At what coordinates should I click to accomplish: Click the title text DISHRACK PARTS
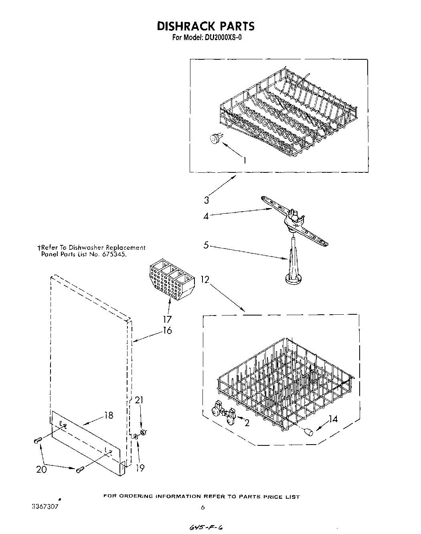(205, 26)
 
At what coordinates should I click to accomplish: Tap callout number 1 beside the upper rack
(244, 160)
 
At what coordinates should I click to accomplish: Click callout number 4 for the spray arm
(206, 216)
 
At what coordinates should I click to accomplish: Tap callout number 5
(206, 245)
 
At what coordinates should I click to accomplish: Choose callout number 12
(205, 279)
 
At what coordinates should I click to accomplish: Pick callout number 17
(167, 319)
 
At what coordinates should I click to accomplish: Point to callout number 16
(167, 330)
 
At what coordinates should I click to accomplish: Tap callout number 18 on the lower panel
(108, 415)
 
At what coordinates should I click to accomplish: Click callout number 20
(42, 469)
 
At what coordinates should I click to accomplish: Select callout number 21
(139, 400)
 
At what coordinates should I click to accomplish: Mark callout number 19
(140, 468)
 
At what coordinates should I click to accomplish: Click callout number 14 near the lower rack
(333, 419)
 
